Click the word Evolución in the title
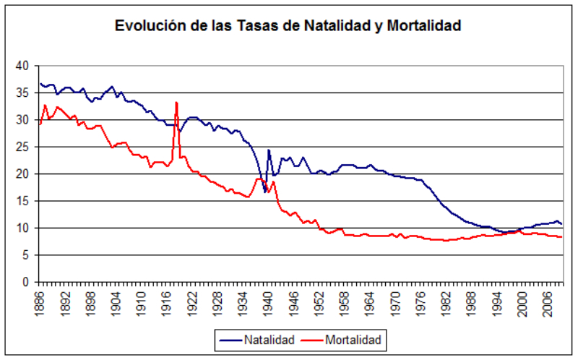tap(147, 25)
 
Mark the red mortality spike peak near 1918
tap(176, 103)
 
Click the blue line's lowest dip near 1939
tap(265, 192)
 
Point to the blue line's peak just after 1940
tap(269, 150)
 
